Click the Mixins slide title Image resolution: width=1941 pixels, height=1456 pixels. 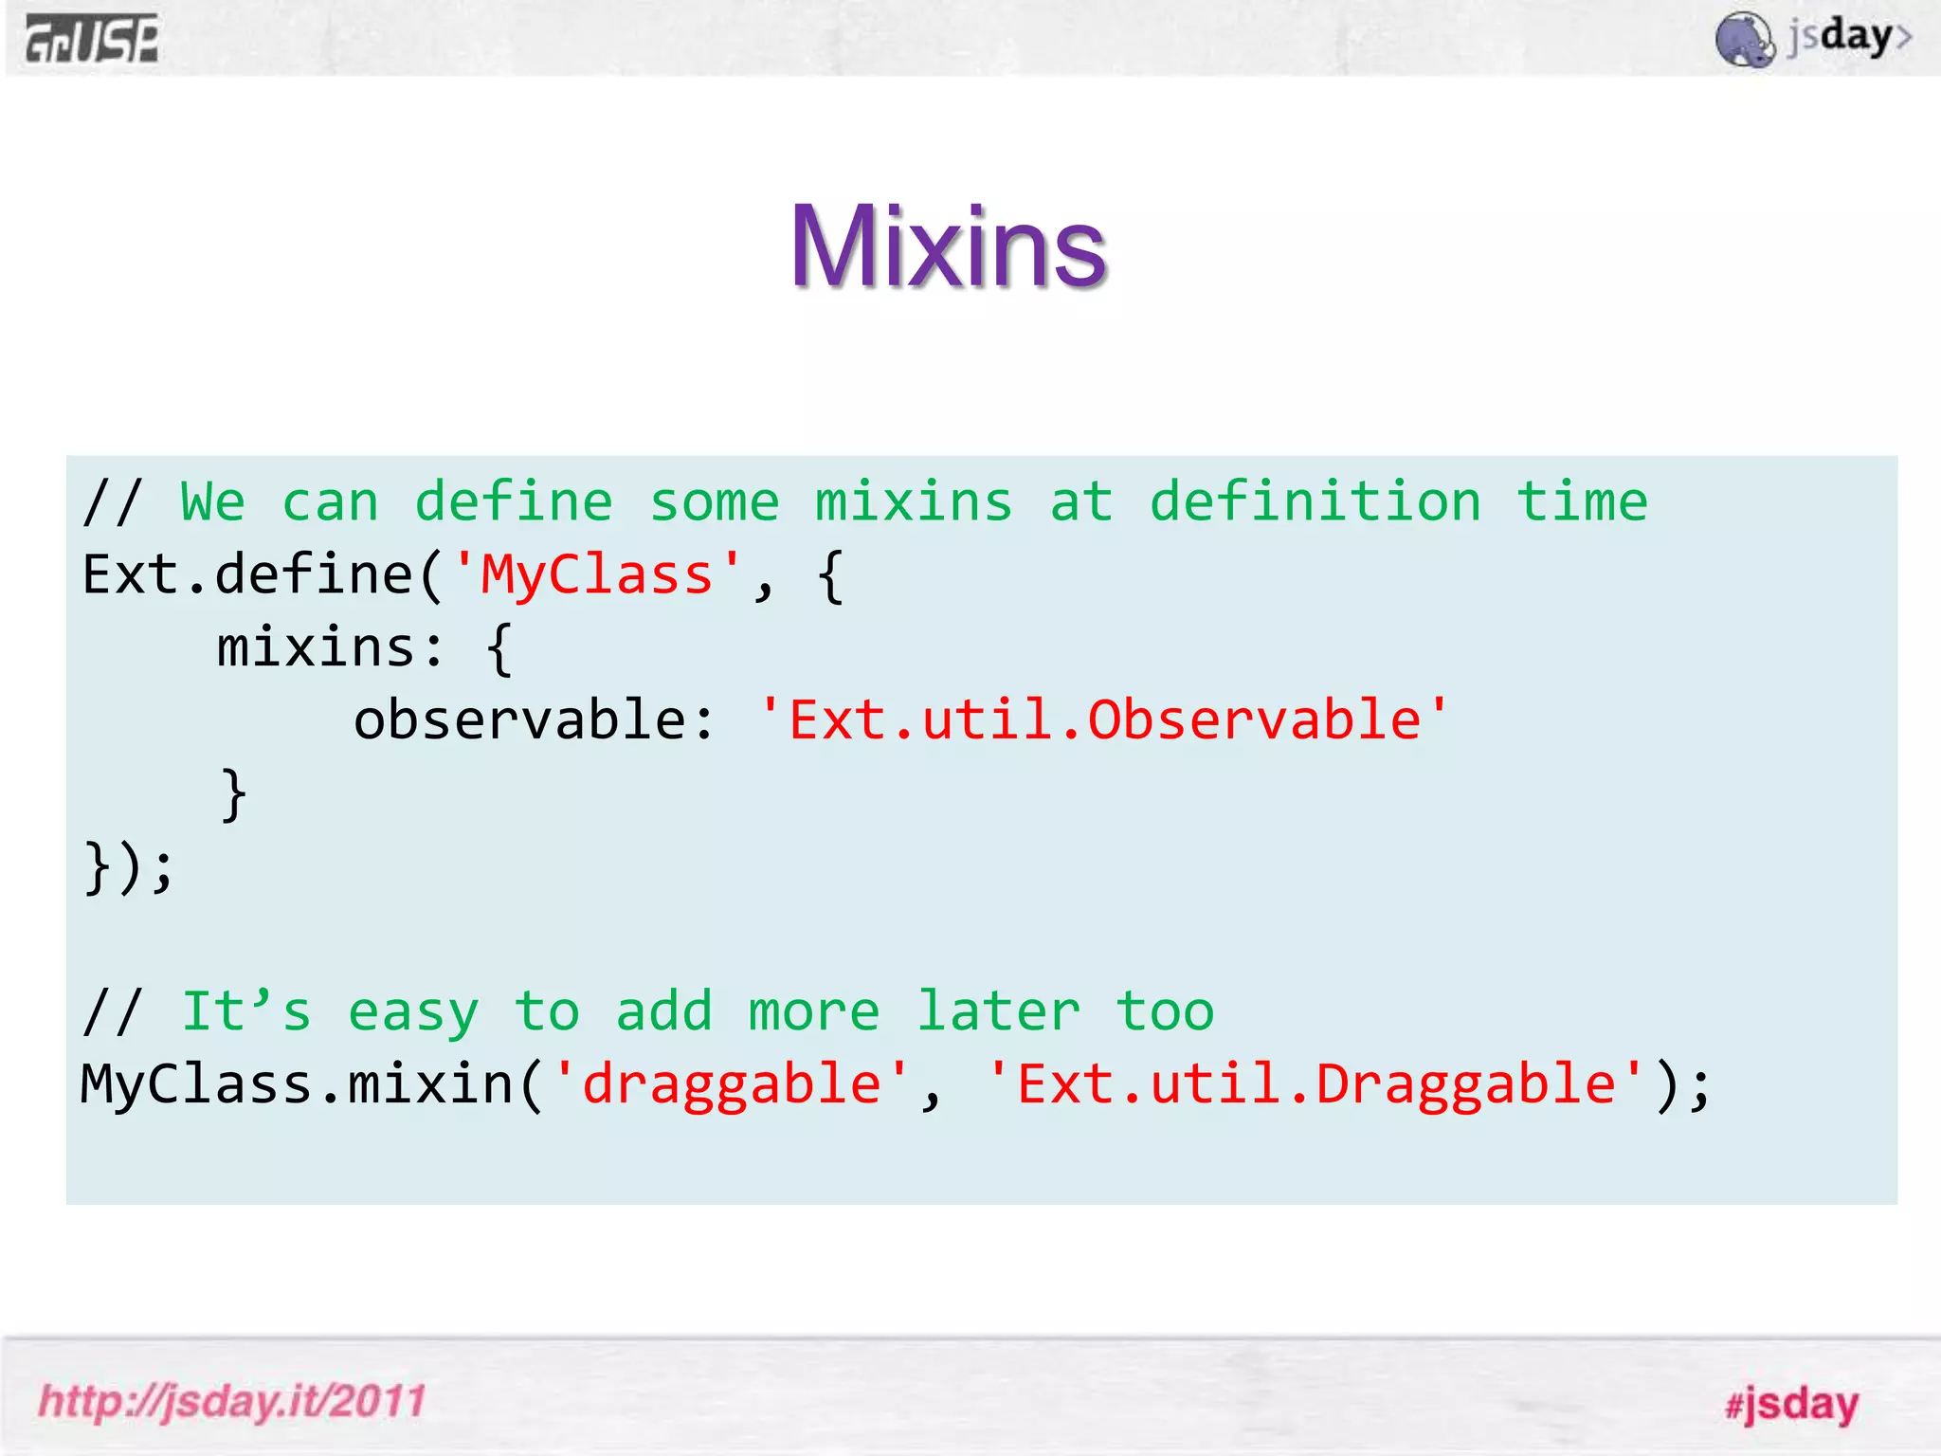point(949,247)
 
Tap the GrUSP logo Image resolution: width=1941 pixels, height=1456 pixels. point(92,40)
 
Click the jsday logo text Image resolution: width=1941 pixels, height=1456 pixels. point(1848,38)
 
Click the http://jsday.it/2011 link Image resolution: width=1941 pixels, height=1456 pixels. point(232,1401)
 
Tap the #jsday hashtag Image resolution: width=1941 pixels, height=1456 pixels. point(1791,1404)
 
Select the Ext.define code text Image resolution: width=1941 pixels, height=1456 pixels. point(246,575)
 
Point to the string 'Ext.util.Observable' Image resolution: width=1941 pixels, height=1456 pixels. point(1104,720)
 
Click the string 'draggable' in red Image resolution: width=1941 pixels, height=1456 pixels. point(731,1084)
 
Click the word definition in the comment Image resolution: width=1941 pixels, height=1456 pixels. point(1315,502)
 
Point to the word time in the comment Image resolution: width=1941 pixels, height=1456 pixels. point(1582,502)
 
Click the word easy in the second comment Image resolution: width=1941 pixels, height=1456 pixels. point(413,1012)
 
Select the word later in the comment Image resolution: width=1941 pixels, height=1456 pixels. point(998,1012)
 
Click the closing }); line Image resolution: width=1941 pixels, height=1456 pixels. point(129,866)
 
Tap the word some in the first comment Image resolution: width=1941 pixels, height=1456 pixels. point(714,502)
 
